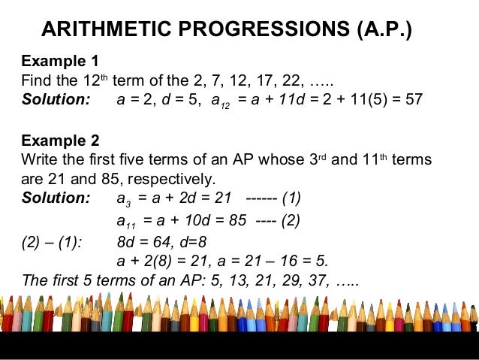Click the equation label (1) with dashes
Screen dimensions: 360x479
pos(292,199)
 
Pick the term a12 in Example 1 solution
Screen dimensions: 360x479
pos(221,101)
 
